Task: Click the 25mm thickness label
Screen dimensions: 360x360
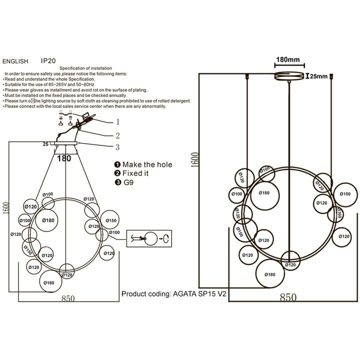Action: (x=318, y=76)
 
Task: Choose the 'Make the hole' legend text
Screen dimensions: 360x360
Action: (x=147, y=164)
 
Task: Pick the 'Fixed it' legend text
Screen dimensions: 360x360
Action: (x=139, y=173)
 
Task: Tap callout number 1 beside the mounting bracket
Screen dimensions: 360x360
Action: (x=118, y=121)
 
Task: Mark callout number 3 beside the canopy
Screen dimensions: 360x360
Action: (x=118, y=147)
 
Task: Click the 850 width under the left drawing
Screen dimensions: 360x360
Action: (x=68, y=299)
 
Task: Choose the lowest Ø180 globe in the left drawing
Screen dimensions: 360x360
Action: (x=48, y=282)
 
